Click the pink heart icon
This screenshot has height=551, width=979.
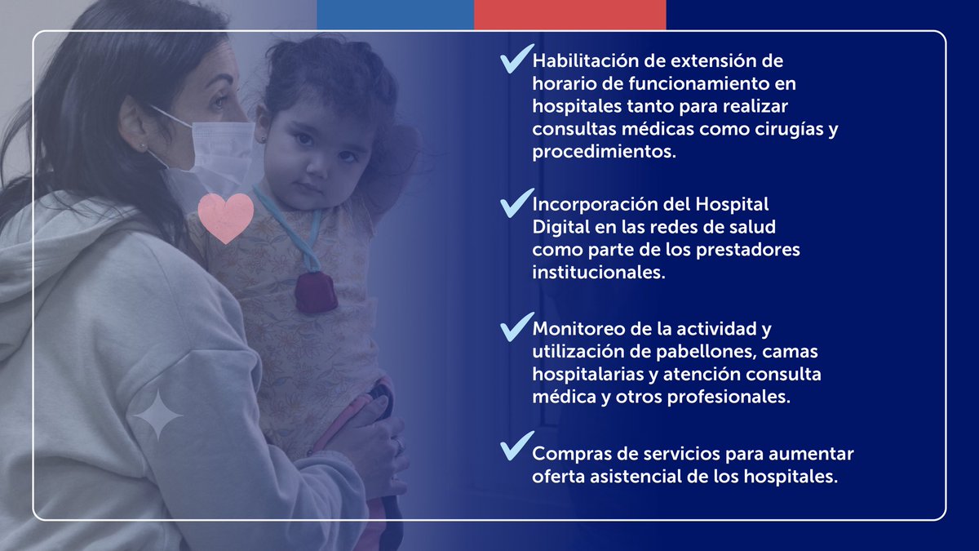(226, 217)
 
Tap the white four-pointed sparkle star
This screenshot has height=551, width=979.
(157, 415)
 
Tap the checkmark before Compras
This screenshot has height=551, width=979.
(516, 446)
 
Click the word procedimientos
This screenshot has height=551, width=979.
(605, 152)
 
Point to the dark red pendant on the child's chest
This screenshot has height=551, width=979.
(317, 291)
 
